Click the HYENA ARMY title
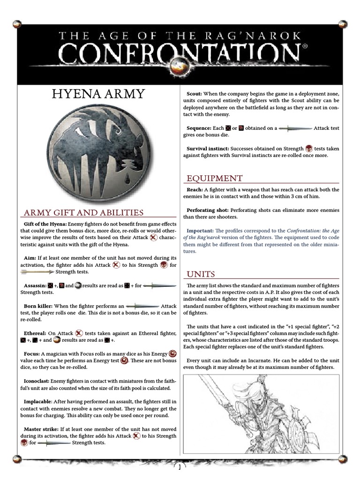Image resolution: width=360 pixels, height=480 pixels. [x=99, y=94]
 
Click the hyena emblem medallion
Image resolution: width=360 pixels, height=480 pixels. [x=99, y=155]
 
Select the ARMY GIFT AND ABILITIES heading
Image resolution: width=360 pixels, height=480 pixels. [x=83, y=213]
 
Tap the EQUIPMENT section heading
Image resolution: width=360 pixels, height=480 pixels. [x=215, y=178]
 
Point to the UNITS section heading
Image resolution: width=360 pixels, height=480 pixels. [x=201, y=274]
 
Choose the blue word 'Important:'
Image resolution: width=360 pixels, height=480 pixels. [x=200, y=231]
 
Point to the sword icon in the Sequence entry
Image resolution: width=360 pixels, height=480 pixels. [x=294, y=128]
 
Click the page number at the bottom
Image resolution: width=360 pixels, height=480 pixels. [x=180, y=466]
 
